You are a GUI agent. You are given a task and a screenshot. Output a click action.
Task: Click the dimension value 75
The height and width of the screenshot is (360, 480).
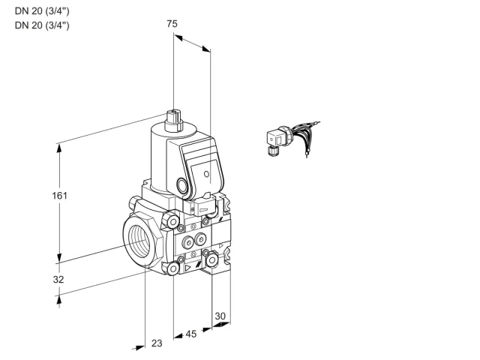pos(172,23)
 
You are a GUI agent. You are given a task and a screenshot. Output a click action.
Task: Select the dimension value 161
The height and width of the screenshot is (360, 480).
pos(59,195)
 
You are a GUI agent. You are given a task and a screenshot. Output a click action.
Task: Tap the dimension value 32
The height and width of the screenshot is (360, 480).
pos(58,279)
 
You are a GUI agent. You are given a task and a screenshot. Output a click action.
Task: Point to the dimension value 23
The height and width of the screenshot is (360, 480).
pos(157,343)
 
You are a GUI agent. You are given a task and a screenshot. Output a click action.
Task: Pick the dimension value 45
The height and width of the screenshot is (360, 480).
pos(191,334)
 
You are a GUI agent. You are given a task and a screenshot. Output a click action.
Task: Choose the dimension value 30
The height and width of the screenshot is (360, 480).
pos(220,316)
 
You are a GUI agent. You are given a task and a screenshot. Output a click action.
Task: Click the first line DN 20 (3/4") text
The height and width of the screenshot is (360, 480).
pos(42,11)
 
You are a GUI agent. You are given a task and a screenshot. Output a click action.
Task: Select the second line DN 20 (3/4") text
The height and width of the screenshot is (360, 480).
pos(42,25)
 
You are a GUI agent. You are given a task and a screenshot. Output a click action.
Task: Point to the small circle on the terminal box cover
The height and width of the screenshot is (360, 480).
pos(207,174)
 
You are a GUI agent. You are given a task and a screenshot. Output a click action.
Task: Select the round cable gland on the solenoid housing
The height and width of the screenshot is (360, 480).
pos(182,185)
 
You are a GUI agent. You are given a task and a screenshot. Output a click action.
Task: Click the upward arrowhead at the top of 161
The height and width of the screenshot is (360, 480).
pos(59,148)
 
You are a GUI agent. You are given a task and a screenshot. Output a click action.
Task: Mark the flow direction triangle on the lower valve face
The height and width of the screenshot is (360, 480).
pos(187,268)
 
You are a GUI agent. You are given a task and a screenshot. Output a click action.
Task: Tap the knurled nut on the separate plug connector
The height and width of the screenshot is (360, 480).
pos(272,151)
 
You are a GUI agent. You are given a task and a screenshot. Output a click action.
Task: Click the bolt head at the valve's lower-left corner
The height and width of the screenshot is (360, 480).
pos(173,268)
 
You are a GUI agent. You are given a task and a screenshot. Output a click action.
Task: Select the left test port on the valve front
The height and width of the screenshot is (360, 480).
pos(187,243)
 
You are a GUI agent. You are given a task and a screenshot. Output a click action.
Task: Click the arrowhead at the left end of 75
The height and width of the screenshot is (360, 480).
pos(178,37)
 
